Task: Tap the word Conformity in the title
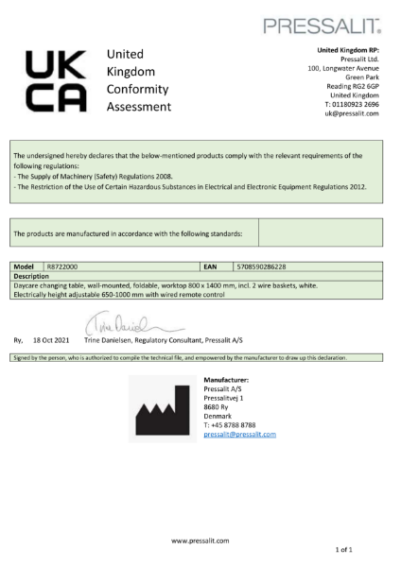pos(138,89)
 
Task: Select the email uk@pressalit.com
pos(352,113)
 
